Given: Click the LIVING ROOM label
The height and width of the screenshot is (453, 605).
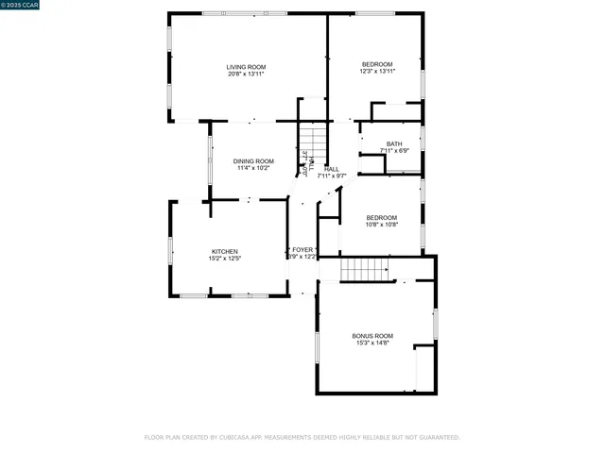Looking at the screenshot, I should pyautogui.click(x=246, y=66).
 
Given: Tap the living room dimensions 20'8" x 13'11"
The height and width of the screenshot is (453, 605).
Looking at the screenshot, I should pyautogui.click(x=246, y=74).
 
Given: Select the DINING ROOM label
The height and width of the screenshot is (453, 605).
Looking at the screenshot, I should pyautogui.click(x=253, y=161).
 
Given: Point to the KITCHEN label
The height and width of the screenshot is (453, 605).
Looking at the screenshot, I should pyautogui.click(x=211, y=251).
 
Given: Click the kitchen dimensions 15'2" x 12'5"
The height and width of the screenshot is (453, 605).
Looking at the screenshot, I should pyautogui.click(x=211, y=259).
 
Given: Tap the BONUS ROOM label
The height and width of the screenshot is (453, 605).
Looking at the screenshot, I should pyautogui.click(x=372, y=336).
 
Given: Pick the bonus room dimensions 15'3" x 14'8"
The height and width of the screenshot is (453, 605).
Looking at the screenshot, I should pyautogui.click(x=372, y=344).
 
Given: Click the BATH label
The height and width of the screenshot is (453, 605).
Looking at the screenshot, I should pyautogui.click(x=393, y=143).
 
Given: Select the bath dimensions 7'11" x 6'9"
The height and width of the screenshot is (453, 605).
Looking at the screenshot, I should pyautogui.click(x=393, y=151).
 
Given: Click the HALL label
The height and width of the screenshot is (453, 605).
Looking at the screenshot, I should pyautogui.click(x=332, y=168).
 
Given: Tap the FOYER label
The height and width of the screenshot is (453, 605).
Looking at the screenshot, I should pyautogui.click(x=302, y=249).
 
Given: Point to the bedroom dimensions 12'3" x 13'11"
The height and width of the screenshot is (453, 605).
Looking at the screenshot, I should pyautogui.click(x=378, y=71).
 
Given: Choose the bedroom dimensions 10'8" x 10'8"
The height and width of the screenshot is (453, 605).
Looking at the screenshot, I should pyautogui.click(x=382, y=225).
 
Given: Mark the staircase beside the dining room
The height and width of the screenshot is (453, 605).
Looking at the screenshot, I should pyautogui.click(x=313, y=143).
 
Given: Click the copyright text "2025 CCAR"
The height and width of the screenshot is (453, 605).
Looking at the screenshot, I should pyautogui.click(x=21, y=6).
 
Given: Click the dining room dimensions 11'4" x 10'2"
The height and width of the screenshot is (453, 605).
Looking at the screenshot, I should pyautogui.click(x=253, y=169).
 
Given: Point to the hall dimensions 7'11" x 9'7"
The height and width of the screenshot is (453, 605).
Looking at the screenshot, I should pyautogui.click(x=332, y=176).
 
